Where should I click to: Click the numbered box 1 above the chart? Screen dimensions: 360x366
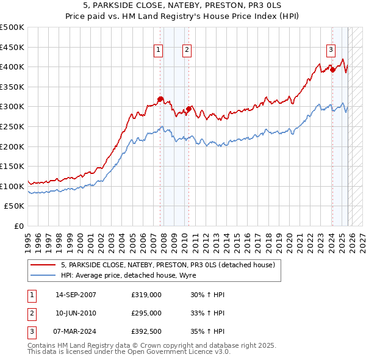[158, 50]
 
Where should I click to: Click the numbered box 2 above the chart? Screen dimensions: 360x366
[186, 50]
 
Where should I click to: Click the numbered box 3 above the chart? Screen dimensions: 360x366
[331, 50]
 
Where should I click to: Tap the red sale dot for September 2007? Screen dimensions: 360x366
[160, 99]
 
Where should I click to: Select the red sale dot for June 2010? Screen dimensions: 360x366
[189, 109]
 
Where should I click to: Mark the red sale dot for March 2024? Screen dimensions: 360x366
[332, 70]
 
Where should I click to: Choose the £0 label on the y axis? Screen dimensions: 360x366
[18, 226]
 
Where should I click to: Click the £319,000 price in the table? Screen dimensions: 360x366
[146, 295]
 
